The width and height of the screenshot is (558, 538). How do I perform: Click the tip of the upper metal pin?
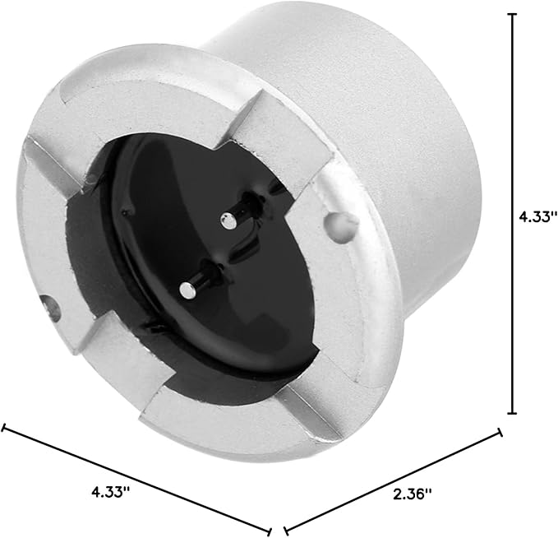pos(228,221)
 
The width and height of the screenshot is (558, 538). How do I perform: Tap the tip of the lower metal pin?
pos(187,290)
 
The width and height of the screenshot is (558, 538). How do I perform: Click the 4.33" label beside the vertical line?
pos(537,216)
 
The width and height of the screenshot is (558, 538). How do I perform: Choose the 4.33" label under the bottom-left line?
pos(111,493)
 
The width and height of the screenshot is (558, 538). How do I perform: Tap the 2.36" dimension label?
pos(412,494)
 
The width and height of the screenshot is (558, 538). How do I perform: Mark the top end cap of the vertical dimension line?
pos(512,14)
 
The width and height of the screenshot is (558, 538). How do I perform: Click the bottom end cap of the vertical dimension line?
pos(512,413)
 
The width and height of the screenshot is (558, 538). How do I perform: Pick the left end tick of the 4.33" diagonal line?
pos(3,427)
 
